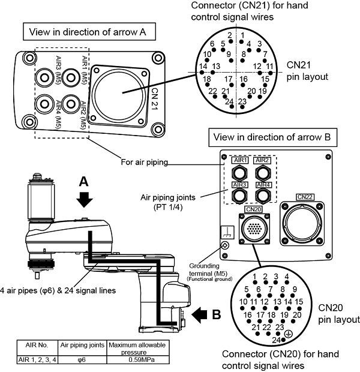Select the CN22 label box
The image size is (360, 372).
click(305, 197)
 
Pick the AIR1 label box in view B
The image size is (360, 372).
click(238, 160)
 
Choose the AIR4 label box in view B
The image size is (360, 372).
click(262, 185)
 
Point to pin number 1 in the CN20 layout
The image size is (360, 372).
click(254, 276)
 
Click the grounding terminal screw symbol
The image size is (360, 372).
click(225, 245)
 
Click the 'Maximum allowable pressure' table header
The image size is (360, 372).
click(139, 347)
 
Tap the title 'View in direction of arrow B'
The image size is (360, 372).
click(272, 137)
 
